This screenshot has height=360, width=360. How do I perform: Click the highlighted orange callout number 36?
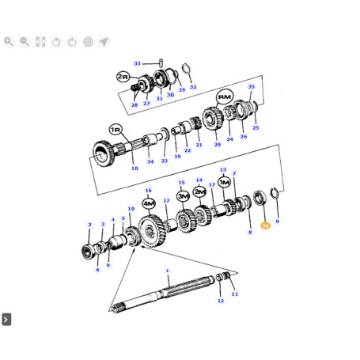[265, 225]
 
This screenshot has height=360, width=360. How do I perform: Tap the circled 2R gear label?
[123, 77]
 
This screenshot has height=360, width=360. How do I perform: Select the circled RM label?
[225, 97]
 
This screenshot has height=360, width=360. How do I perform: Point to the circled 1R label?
[116, 130]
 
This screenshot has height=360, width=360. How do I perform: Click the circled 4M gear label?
[149, 203]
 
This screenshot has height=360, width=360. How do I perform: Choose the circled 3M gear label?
[183, 196]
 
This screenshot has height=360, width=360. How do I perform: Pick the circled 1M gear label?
[224, 182]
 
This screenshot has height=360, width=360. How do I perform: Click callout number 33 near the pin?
[137, 63]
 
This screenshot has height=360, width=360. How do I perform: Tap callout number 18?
[135, 169]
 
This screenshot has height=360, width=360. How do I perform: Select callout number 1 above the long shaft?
[167, 271]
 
